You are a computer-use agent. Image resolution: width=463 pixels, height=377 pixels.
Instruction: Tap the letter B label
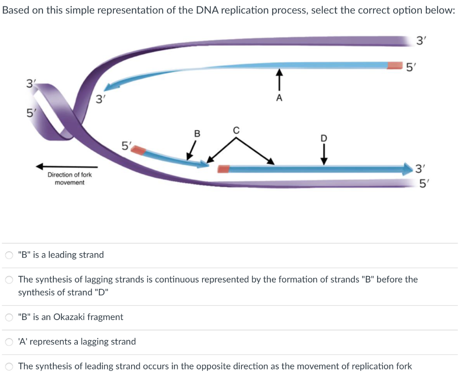coord(197,133)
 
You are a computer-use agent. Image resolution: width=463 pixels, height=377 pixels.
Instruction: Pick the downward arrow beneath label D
coord(324,153)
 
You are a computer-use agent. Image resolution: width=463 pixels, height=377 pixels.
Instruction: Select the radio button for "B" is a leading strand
coord(9,255)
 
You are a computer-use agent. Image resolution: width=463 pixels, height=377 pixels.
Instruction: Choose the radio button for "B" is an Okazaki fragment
coord(9,317)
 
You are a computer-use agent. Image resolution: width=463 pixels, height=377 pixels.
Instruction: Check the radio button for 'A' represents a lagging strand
coord(9,342)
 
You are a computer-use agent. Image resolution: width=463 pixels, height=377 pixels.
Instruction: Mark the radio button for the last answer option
coord(9,366)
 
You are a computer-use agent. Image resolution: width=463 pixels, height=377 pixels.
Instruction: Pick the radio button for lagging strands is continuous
coord(9,280)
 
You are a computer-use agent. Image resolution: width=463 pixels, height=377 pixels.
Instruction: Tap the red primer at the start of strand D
coord(223,169)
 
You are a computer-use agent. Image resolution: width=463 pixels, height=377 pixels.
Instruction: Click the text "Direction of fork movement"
coord(70,179)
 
